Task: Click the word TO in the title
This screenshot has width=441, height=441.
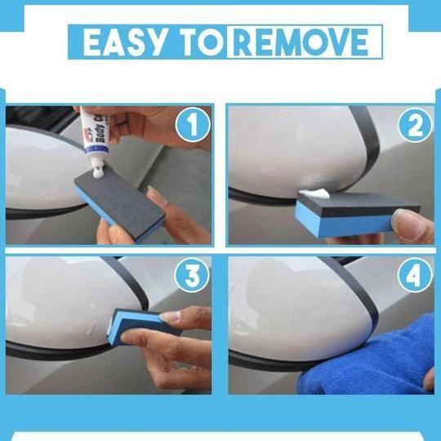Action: (197, 43)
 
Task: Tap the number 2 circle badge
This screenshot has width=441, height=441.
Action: (413, 127)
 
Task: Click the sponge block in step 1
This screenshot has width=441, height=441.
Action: (122, 201)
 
